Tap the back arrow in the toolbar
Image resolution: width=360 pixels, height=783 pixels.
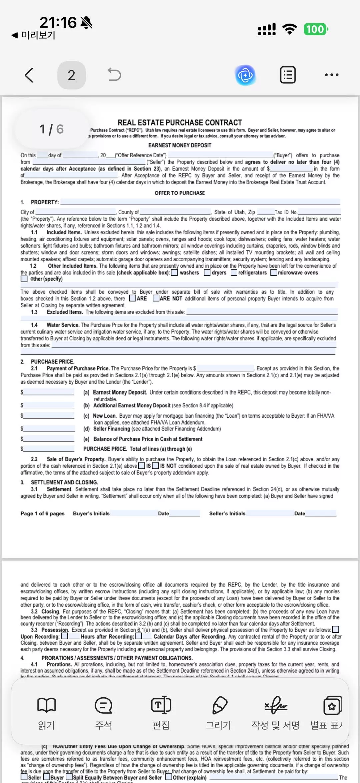29,75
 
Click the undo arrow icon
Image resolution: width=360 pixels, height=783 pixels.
114,75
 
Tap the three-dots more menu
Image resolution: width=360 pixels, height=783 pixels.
332,75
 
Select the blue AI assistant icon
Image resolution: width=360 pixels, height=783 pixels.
245,75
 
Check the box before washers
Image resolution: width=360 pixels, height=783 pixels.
174,273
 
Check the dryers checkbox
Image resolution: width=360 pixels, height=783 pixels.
207,273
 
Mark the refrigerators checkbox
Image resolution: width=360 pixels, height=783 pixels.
234,273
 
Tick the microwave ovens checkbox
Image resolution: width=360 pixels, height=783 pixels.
274,273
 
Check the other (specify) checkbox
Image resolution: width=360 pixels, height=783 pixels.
24,279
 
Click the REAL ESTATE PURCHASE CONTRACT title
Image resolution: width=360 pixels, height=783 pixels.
180,122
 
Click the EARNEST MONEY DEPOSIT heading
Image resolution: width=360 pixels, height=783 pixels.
180,145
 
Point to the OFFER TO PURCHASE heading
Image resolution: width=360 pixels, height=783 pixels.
180,193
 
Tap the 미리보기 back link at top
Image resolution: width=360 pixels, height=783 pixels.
33,35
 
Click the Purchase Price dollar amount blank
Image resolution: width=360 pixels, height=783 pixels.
225,368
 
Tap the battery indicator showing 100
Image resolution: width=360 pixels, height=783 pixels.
315,29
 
